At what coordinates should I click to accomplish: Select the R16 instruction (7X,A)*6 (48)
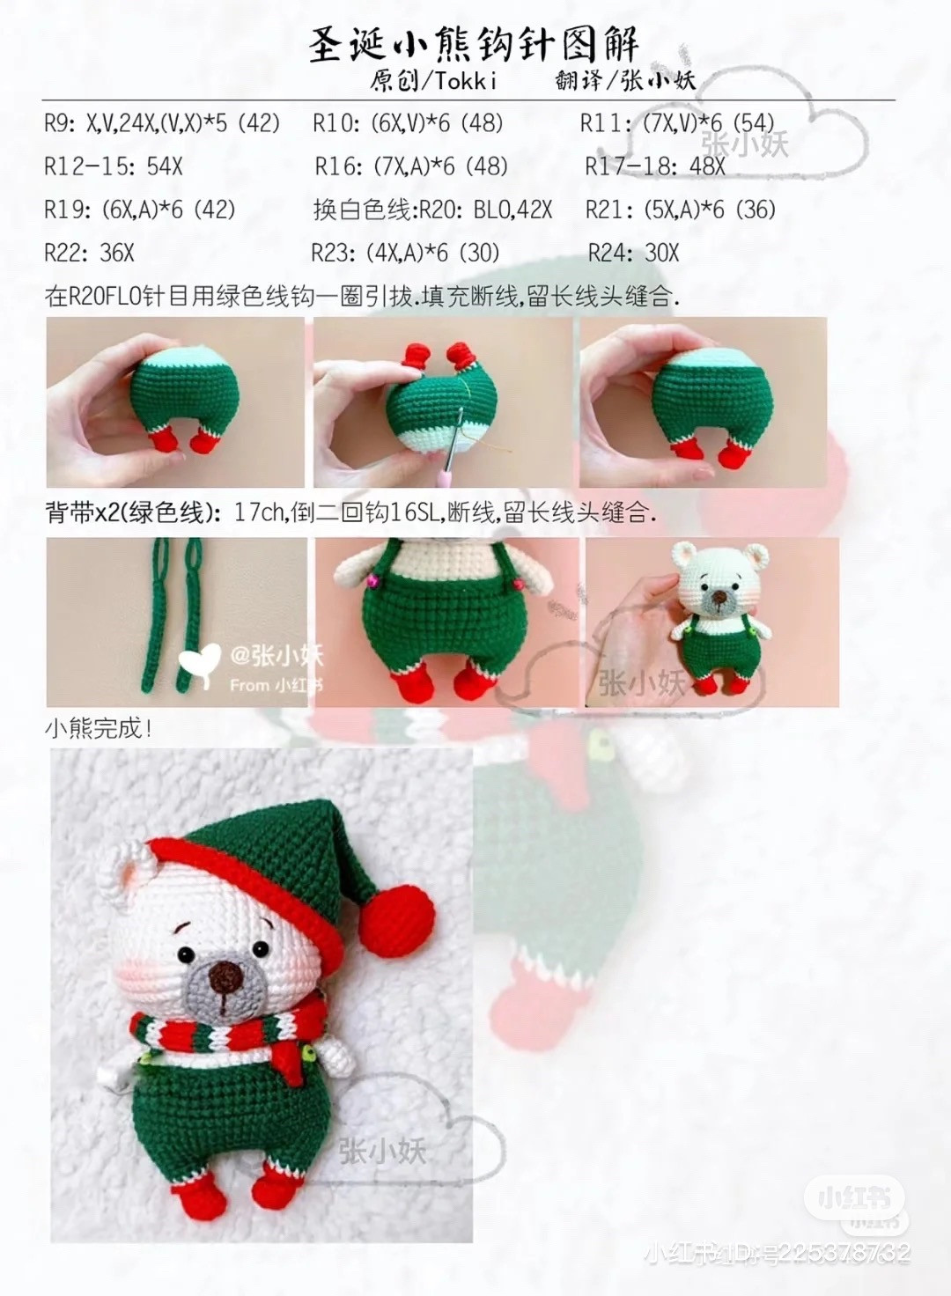point(411,166)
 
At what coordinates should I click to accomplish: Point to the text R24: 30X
point(633,254)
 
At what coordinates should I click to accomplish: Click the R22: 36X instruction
point(89,254)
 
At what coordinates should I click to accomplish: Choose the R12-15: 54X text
point(113,166)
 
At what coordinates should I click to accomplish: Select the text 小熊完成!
point(99,729)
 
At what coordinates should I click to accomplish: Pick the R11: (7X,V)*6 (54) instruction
point(676,122)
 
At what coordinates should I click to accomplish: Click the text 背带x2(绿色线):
point(133,512)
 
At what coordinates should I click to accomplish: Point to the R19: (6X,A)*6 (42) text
point(139,210)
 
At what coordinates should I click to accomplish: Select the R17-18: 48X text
point(655,166)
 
